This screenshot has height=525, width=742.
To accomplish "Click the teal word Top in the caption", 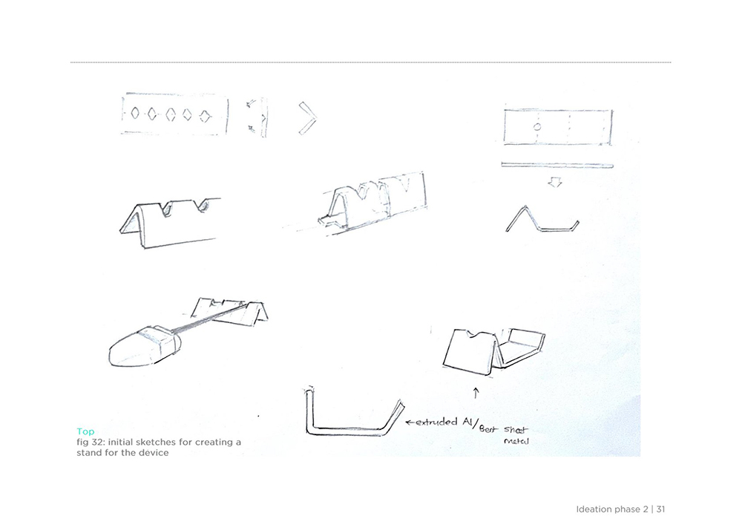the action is click(85, 431).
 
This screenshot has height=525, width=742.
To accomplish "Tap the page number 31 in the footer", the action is click(660, 509).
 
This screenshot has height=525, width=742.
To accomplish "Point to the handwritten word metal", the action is click(516, 441).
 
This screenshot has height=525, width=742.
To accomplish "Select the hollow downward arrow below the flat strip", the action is click(555, 182).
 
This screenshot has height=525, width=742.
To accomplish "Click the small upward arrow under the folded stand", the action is click(476, 393).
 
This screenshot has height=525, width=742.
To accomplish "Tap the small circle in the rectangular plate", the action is click(537, 127).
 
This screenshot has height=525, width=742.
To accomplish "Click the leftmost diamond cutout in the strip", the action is click(135, 113).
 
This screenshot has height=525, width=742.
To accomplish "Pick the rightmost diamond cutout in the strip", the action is click(205, 116).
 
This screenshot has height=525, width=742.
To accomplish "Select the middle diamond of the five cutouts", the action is click(171, 114).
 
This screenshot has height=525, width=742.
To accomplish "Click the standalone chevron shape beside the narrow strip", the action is click(309, 118).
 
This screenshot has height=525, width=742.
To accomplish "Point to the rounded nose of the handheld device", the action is click(117, 352).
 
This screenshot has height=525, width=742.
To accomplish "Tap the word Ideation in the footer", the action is click(594, 509).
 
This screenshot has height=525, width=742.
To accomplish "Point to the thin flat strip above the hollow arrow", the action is click(557, 165).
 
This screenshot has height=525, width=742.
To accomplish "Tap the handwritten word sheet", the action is click(516, 429).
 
